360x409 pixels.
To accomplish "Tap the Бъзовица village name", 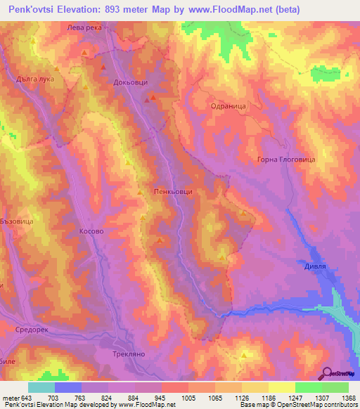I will [x=17, y=220].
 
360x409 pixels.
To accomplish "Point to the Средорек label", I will [x=30, y=328].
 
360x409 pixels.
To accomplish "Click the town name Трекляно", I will [x=129, y=354].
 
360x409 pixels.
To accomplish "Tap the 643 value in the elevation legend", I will [x=27, y=397].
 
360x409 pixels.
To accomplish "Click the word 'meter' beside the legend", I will [x=10, y=397].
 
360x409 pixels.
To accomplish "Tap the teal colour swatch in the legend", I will [x=41, y=387].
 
